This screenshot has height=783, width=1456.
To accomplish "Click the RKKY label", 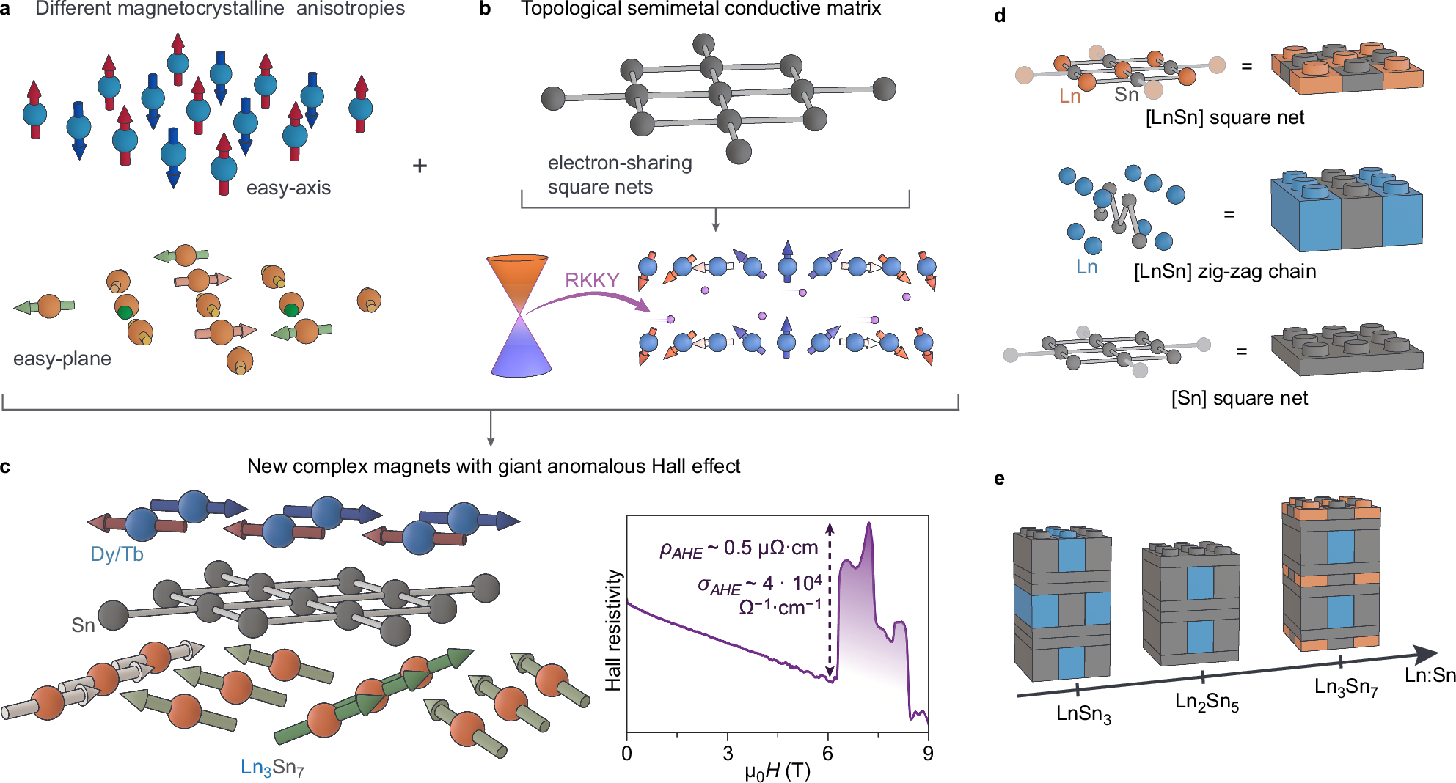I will pos(592,280).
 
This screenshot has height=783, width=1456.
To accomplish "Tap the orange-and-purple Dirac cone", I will pos(519,315).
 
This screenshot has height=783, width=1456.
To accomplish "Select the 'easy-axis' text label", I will pos(288,188).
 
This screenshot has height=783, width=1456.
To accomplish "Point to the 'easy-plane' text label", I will pos(62,359).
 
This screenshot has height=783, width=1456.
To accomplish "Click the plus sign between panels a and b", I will pos(420,166).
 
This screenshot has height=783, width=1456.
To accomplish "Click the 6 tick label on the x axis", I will pos(827,754).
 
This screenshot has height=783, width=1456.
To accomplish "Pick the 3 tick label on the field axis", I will pos(727,754).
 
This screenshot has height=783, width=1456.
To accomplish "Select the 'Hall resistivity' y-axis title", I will pos(613,631).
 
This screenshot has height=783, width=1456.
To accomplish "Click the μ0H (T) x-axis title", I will pos(778,771).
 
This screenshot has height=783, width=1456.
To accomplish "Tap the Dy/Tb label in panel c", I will pos(117,554).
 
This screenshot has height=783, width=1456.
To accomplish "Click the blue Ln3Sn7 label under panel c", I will pos(272,768).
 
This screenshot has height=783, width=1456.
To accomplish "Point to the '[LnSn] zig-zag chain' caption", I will pos(1224,272).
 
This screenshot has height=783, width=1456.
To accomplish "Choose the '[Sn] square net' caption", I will pos(1239,398).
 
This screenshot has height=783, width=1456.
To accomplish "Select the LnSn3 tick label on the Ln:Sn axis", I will pos(1083,714).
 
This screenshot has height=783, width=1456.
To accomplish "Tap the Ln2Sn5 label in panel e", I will pos(1207,702).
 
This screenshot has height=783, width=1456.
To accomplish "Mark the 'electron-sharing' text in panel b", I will pos(620,163).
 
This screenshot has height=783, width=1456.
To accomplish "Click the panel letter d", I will pos(1000,15).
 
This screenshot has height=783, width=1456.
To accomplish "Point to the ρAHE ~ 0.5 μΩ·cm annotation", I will pos(739,548).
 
